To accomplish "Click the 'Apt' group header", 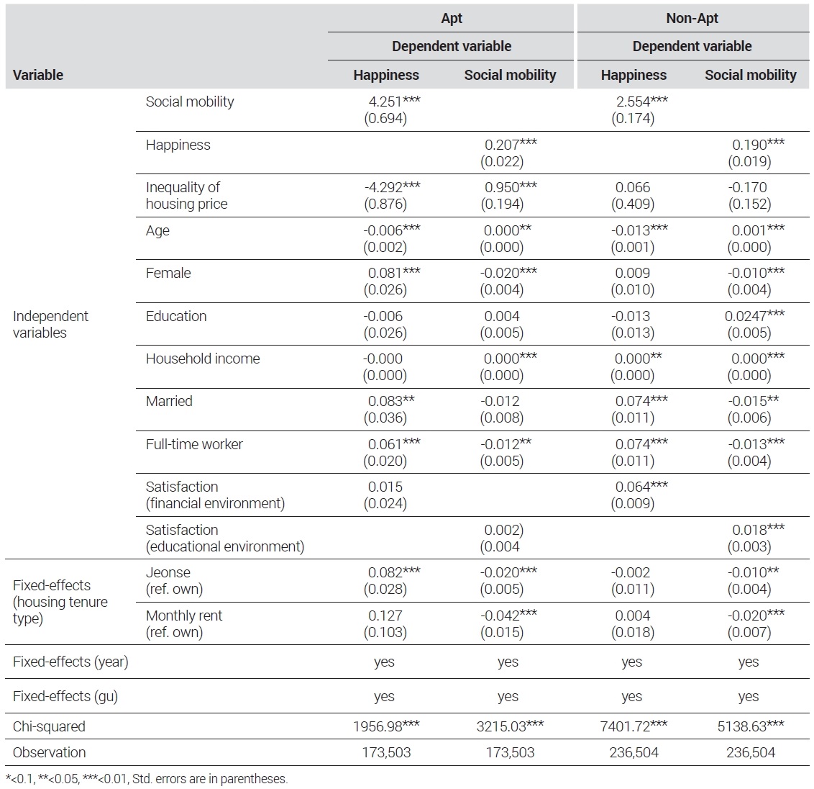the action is tap(451, 18).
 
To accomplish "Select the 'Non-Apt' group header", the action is tap(692, 18).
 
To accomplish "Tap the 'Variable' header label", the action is tap(38, 75).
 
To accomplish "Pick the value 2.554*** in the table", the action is tap(641, 102).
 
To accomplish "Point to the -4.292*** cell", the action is tap(393, 187).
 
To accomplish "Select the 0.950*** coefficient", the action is tap(511, 187).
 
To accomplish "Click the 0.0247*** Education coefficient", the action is tap(755, 316).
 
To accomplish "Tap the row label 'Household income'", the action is tap(203, 359).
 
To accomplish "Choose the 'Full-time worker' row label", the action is tap(194, 444).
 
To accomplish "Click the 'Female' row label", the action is tap(168, 273).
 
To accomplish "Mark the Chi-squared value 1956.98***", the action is tap(386, 726).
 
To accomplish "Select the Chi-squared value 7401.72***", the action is tap(634, 726).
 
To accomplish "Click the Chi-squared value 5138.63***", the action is tap(751, 726).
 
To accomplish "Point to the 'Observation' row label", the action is tap(50, 752).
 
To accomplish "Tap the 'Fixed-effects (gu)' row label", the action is tap(65, 696).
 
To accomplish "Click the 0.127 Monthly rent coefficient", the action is tap(385, 616).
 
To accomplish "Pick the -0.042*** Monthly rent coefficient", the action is tap(509, 616).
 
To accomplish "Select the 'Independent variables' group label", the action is tap(50, 325).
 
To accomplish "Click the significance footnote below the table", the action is tap(147, 779).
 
